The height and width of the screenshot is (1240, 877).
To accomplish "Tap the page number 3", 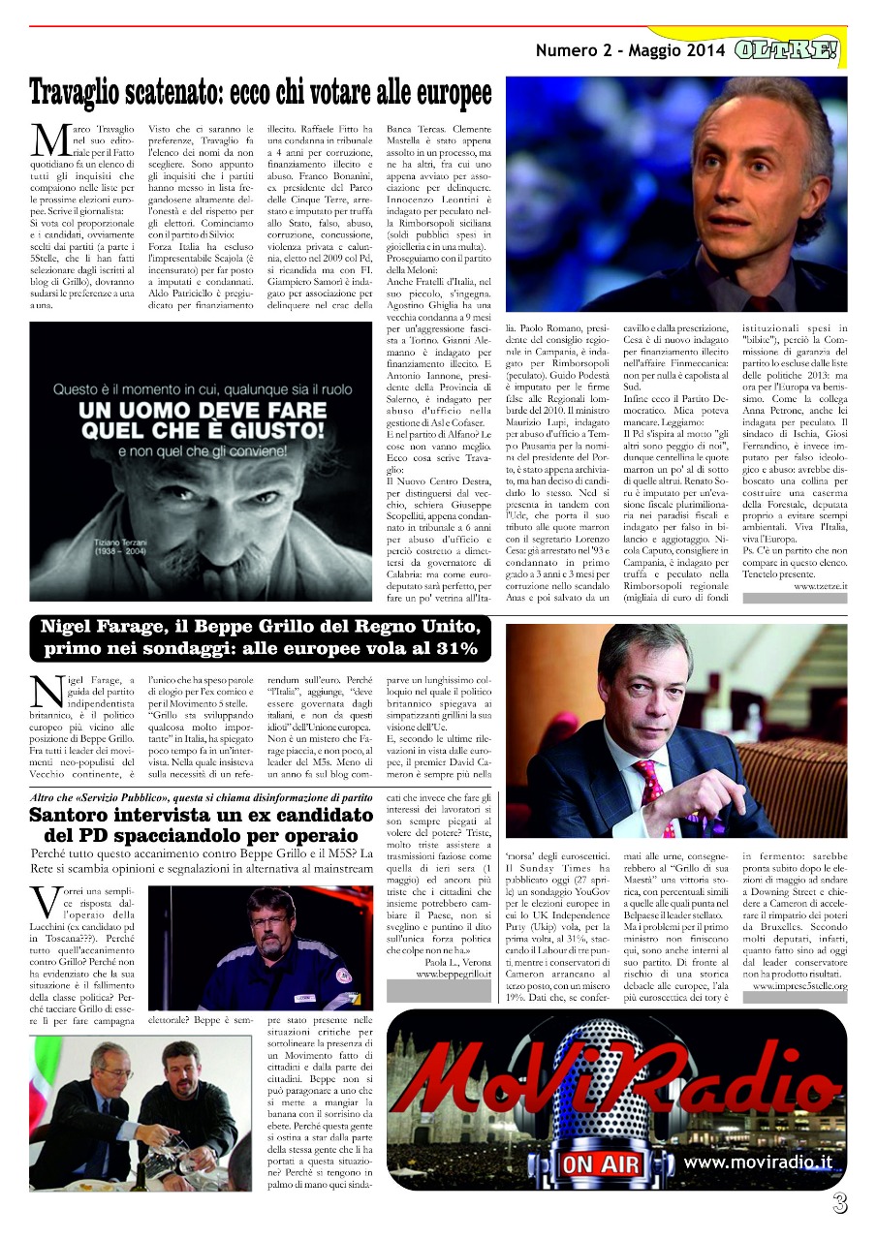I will pos(839,1204).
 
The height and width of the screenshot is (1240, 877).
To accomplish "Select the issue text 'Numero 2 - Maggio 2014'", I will pos(629,50).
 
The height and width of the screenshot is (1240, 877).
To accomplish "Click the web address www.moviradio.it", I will pos(757,1162).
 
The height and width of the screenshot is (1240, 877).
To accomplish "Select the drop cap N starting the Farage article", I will pos(48,690).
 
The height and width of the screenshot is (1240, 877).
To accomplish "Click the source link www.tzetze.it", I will pos(820,586).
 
